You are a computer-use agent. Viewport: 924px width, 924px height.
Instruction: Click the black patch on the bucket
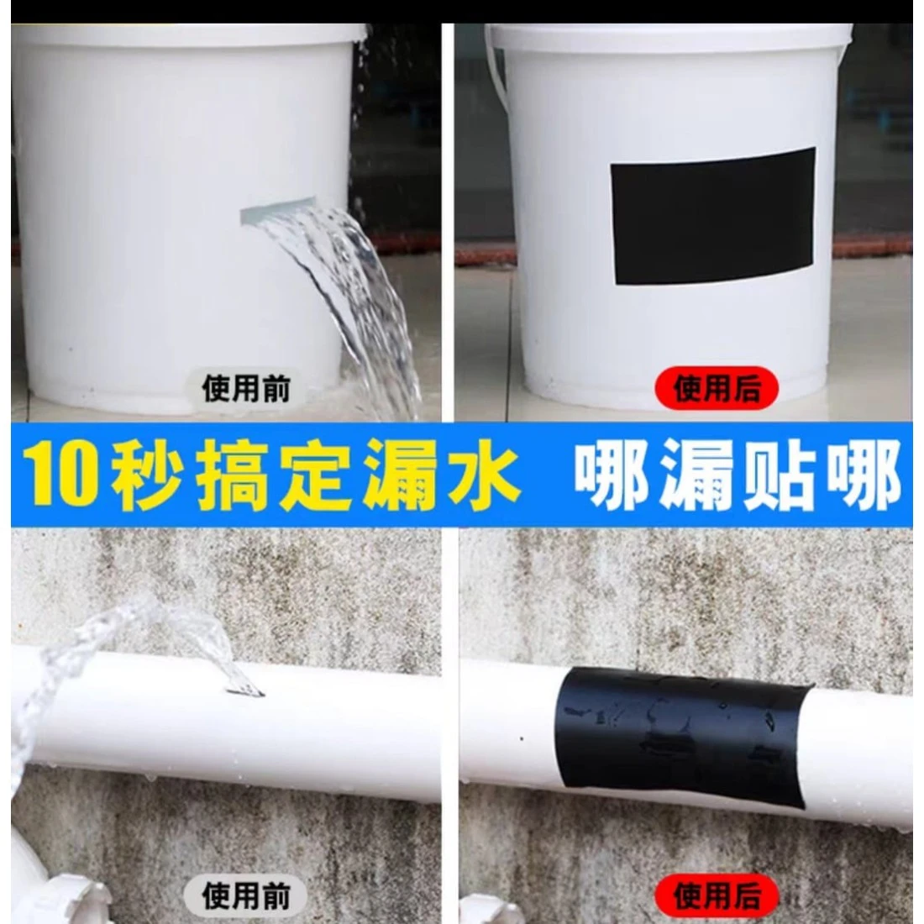(x=713, y=216)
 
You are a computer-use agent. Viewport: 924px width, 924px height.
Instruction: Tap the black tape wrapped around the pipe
(x=684, y=737)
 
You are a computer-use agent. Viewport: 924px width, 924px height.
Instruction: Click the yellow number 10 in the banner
(x=61, y=475)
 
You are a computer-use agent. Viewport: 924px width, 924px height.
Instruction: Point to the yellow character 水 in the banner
(x=483, y=475)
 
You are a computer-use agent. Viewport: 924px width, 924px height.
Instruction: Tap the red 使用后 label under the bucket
(x=717, y=388)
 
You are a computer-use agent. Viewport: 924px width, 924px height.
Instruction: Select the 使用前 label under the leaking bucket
(x=246, y=388)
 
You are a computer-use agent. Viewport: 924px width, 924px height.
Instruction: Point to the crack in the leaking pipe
(x=244, y=690)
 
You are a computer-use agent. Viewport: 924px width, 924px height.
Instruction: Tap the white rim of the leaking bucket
(x=188, y=35)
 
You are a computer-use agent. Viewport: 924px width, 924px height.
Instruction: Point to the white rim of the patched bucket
(x=669, y=35)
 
